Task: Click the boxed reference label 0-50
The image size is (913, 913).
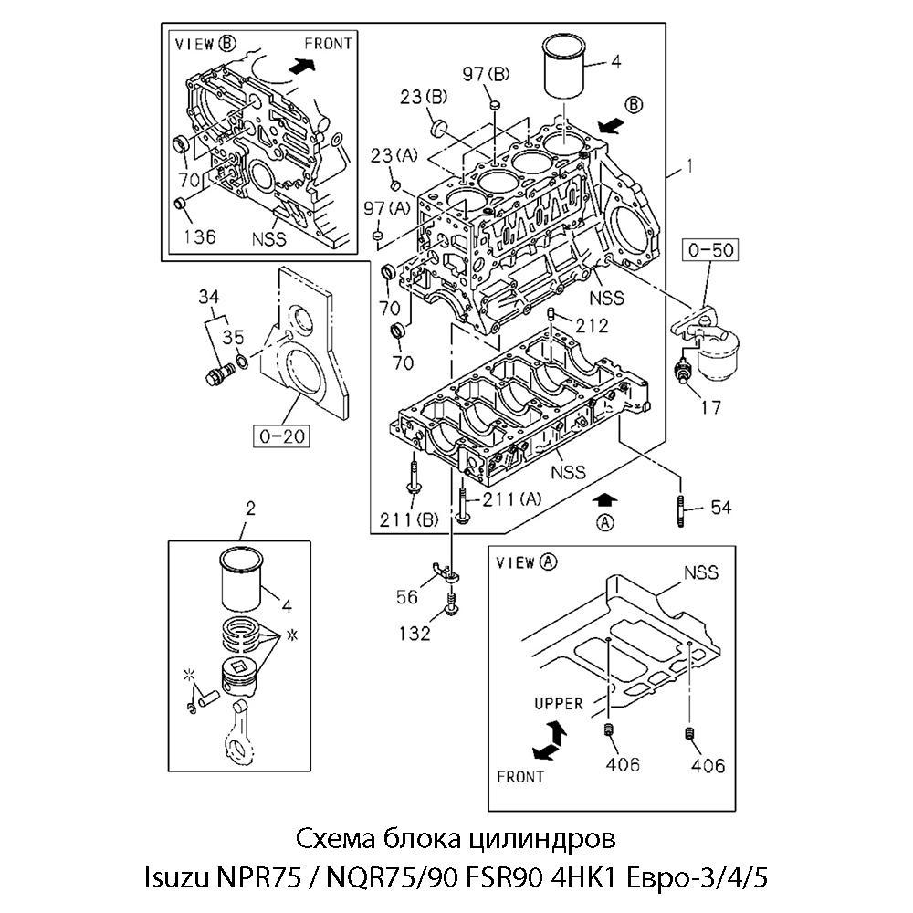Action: (712, 248)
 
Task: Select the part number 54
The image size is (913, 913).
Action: (721, 508)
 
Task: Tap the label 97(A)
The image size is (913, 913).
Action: (385, 208)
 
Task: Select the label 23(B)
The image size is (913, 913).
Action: (424, 95)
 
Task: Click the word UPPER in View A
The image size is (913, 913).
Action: (558, 703)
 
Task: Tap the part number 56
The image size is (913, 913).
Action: (407, 596)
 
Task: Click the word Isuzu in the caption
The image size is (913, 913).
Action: (175, 878)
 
